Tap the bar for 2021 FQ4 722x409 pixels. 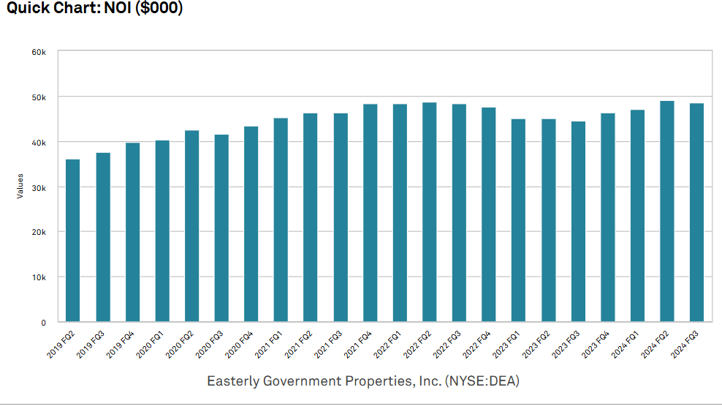tap(370, 212)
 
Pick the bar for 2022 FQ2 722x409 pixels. tap(430, 211)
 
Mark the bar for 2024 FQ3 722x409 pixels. tap(696, 212)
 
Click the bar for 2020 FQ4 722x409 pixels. tap(251, 224)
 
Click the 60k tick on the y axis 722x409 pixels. tap(39, 52)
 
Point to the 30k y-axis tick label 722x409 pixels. tap(39, 187)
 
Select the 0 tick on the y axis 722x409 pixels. tap(43, 322)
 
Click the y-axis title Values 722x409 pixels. tap(20, 186)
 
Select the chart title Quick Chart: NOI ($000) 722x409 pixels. tap(95, 9)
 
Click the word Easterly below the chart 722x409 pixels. tap(230, 381)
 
